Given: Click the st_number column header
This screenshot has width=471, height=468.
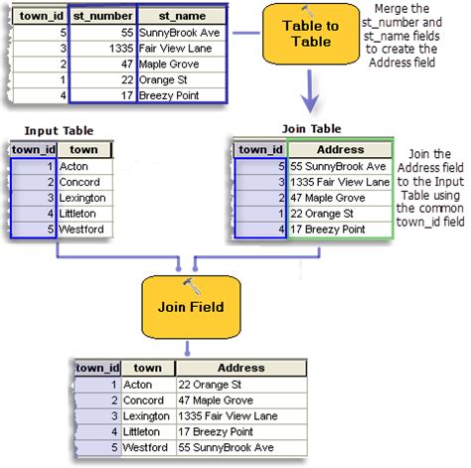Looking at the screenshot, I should pyautogui.click(x=102, y=17).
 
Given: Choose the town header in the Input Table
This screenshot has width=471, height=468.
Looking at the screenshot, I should pyautogui.click(x=83, y=150).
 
